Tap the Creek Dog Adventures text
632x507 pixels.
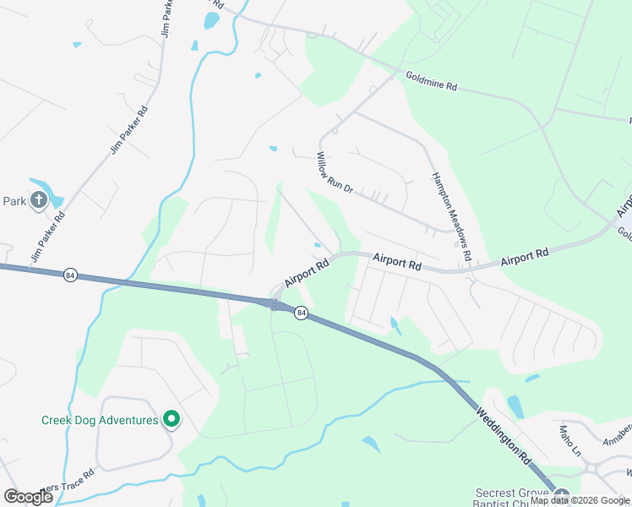100,420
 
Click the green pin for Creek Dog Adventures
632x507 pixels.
172,418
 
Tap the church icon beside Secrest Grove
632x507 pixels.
563,496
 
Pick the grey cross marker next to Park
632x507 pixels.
38,200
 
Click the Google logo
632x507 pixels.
28,496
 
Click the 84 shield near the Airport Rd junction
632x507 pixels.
301,313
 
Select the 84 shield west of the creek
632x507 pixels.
71,275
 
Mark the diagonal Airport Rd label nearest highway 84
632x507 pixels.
306,272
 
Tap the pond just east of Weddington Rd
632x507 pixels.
515,406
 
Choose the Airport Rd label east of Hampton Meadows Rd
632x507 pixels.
524,257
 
